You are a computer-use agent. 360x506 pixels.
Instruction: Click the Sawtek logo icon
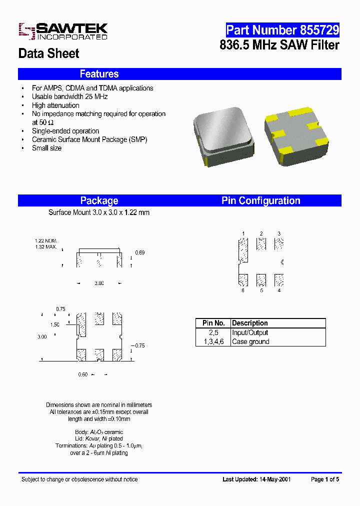tap(25, 31)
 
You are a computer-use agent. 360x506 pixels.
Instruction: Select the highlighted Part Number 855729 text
tap(282, 30)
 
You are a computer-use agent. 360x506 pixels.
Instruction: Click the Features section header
tap(99, 74)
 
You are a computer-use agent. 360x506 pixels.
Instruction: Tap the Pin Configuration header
tap(260, 200)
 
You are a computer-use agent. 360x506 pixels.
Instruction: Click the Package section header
tap(99, 200)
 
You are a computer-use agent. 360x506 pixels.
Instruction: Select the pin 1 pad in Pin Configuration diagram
tap(243, 249)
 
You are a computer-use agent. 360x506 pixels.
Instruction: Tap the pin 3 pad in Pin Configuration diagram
tap(279, 243)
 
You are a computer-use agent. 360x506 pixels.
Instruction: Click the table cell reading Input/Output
tap(250, 332)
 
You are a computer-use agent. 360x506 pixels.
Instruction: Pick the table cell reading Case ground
tap(250, 341)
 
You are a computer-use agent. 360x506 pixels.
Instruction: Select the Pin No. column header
tap(213, 323)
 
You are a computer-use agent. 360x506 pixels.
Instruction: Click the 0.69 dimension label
tap(140, 253)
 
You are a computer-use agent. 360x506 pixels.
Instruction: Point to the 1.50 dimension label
tap(55, 324)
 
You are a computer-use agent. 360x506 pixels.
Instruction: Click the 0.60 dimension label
tap(83, 374)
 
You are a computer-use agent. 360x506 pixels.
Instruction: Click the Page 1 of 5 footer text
tap(325, 479)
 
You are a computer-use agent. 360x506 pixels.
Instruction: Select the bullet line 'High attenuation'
tap(55, 105)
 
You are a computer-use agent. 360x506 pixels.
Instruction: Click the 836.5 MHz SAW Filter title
tap(279, 45)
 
